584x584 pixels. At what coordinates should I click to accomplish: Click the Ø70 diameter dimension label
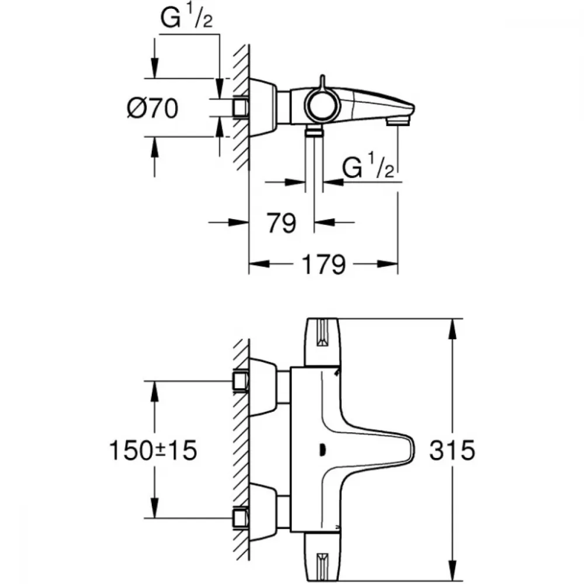pyautogui.click(x=152, y=109)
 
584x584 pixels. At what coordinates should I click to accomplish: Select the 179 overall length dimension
pyautogui.click(x=324, y=265)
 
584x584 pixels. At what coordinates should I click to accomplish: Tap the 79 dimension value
pyautogui.click(x=281, y=223)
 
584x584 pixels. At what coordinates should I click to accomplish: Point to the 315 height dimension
pyautogui.click(x=452, y=450)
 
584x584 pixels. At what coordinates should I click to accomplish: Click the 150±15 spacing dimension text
pyautogui.click(x=152, y=450)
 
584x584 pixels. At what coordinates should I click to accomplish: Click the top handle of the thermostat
pyautogui.click(x=322, y=342)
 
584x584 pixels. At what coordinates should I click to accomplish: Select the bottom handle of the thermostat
pyautogui.click(x=322, y=557)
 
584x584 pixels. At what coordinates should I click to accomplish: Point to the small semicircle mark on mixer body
pyautogui.click(x=322, y=450)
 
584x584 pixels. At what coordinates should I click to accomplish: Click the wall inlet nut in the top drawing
pyautogui.click(x=240, y=107)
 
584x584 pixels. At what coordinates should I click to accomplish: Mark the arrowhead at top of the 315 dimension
pyautogui.click(x=453, y=329)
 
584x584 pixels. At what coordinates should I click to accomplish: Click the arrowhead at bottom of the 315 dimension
pyautogui.click(x=453, y=571)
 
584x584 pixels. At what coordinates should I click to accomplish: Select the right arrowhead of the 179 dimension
pyautogui.click(x=387, y=264)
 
